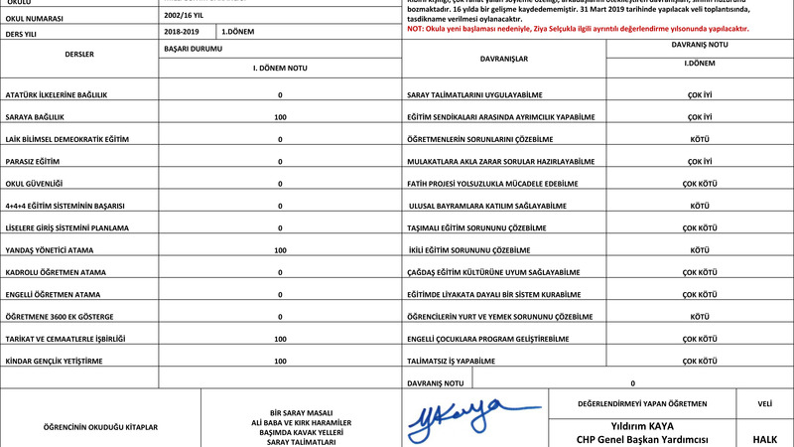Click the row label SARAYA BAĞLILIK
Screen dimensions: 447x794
tap(35, 116)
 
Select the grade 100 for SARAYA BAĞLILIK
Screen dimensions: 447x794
tap(280, 116)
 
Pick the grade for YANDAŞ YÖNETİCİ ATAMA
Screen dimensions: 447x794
tap(280, 249)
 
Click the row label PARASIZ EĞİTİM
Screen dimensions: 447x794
tap(34, 161)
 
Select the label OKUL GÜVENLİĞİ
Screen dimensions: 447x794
tap(34, 183)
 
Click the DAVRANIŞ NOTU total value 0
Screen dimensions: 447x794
tap(632, 382)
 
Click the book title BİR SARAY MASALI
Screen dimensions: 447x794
tap(300, 411)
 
